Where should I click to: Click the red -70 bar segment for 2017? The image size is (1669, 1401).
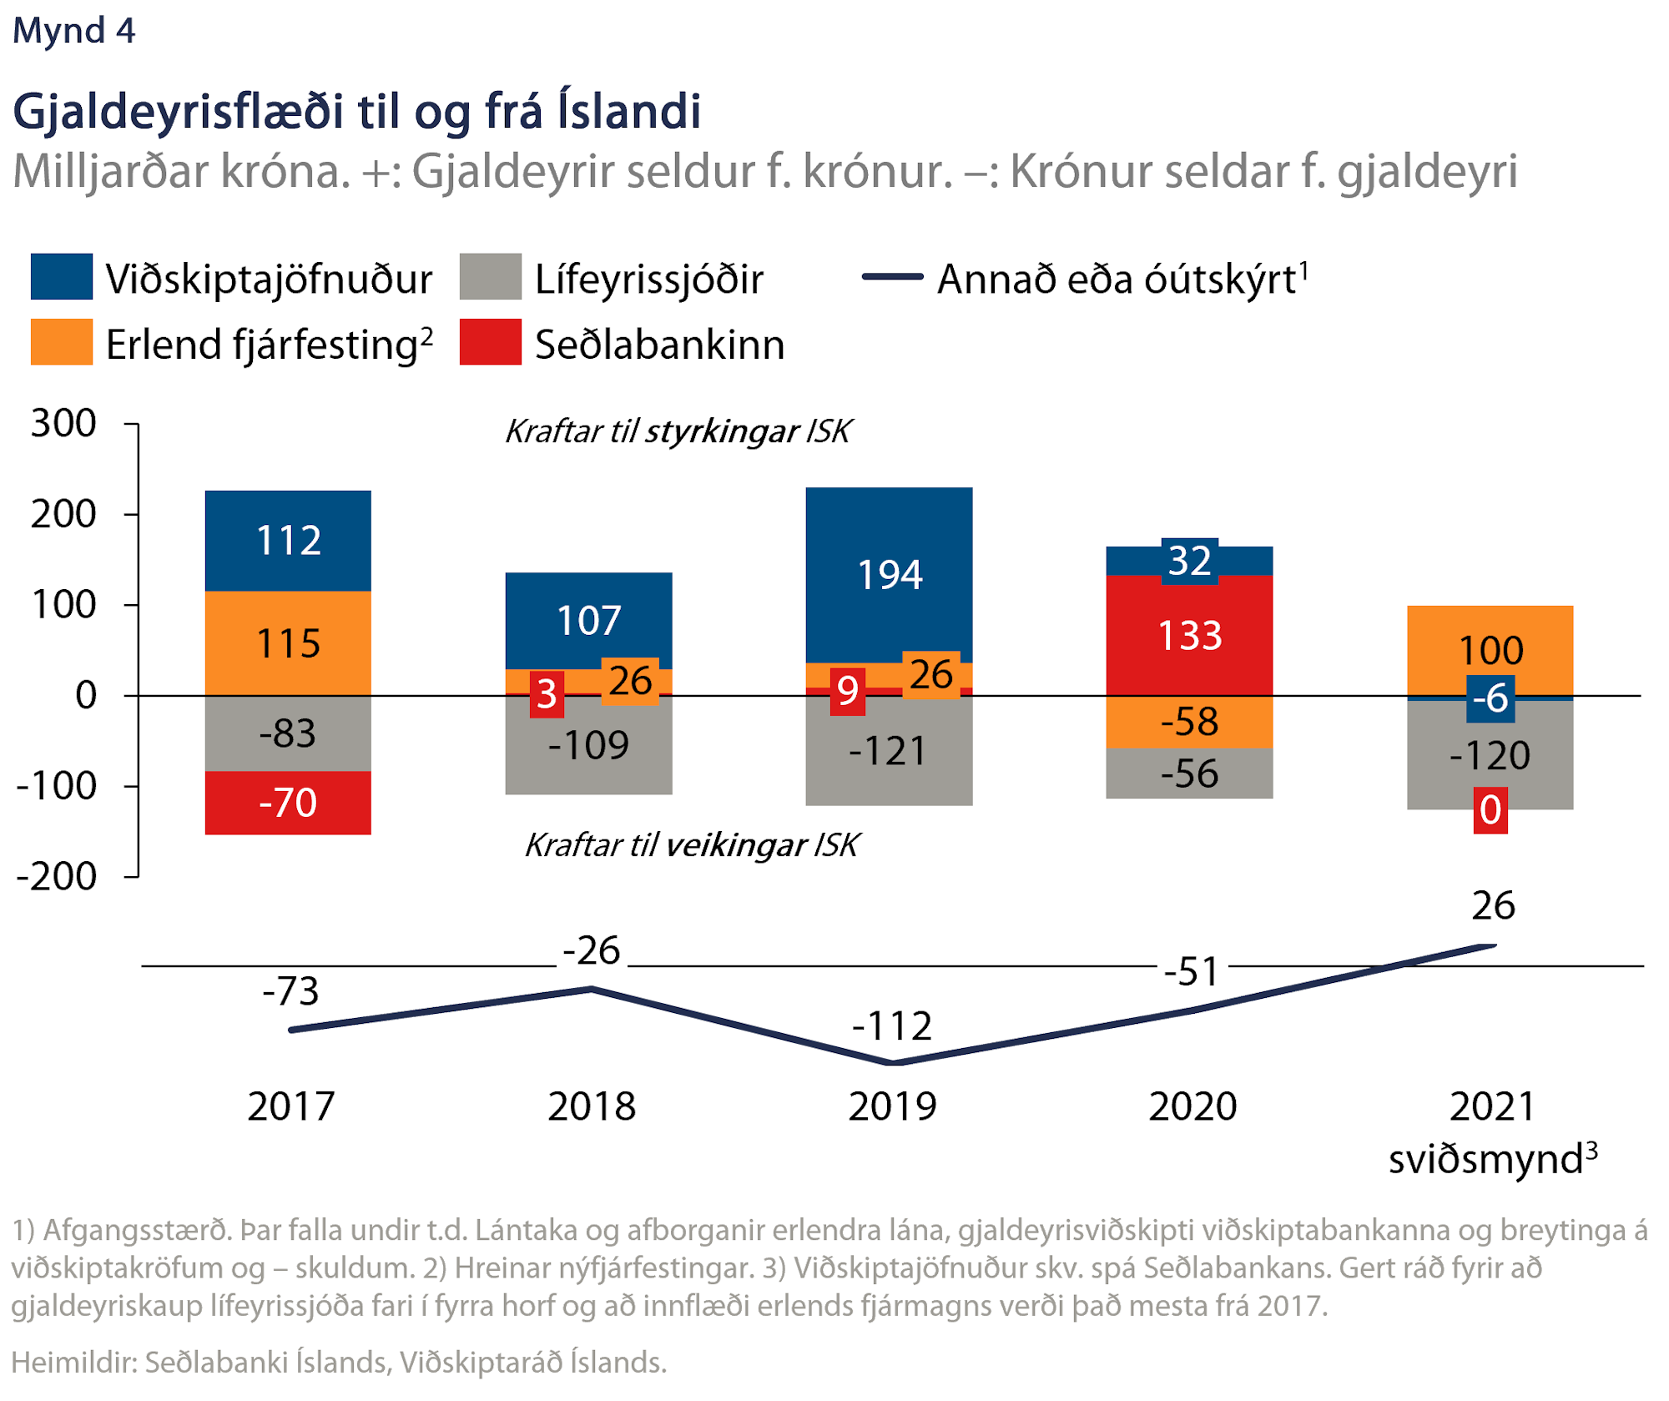[x=288, y=803]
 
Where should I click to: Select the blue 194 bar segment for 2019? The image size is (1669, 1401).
[x=890, y=576]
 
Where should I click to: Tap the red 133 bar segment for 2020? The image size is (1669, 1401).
[x=1190, y=636]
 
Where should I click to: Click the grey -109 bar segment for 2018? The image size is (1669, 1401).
[x=588, y=745]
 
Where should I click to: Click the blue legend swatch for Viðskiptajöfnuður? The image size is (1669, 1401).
[x=62, y=277]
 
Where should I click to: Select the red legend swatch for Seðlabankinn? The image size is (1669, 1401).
[x=491, y=342]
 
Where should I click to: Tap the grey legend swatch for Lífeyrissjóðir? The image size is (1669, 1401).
[x=491, y=277]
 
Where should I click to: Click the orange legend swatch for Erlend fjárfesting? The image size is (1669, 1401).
[x=62, y=342]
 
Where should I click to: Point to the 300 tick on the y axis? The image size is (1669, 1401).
[x=64, y=424]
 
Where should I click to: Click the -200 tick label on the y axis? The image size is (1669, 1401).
[x=57, y=877]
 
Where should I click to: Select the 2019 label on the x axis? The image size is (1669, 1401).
[x=892, y=1107]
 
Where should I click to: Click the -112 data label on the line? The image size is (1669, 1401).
[x=892, y=1026]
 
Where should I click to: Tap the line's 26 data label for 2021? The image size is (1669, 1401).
[x=1493, y=906]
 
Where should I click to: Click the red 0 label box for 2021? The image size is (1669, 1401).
[x=1490, y=810]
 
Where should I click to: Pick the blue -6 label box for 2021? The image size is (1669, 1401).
[x=1490, y=698]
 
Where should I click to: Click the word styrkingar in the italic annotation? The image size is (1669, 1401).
[x=722, y=432]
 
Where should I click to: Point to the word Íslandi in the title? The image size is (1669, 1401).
[x=629, y=112]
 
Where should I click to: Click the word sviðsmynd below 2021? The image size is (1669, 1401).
[x=1485, y=1160]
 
